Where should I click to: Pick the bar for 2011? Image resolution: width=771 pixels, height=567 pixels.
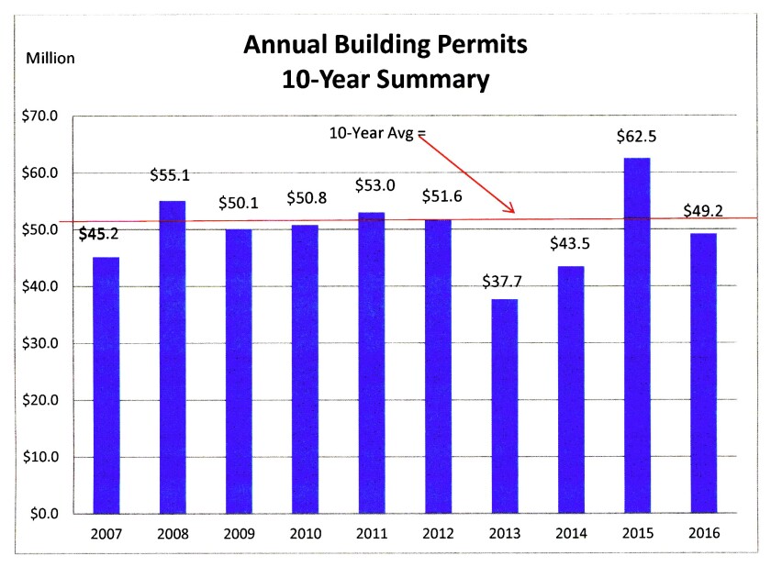[371, 362]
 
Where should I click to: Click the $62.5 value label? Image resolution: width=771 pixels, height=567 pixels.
[636, 139]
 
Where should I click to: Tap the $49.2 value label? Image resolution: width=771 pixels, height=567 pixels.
[703, 211]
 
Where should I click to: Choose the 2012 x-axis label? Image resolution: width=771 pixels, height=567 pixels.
[438, 533]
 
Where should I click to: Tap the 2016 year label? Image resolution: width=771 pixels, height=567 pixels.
[703, 533]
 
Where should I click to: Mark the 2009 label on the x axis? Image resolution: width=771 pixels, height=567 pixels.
[239, 533]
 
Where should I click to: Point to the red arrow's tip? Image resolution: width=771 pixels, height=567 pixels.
[515, 213]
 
